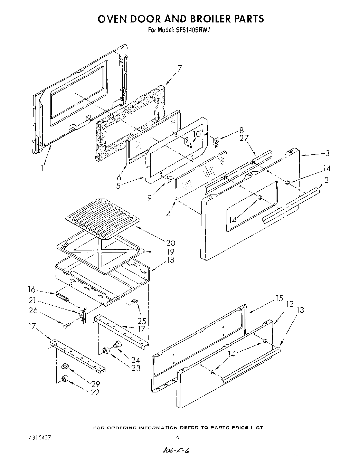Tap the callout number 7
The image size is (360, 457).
pyautogui.click(x=180, y=68)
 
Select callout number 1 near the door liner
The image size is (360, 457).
pyautogui.click(x=42, y=169)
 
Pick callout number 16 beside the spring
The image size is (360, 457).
pyautogui.click(x=32, y=289)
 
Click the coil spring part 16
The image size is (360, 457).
pyautogui.click(x=63, y=297)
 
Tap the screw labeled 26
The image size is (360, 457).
pyautogui.click(x=67, y=324)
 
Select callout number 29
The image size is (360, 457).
pyautogui.click(x=96, y=383)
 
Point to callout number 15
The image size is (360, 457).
pyautogui.click(x=279, y=298)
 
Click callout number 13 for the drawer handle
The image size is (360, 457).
pyautogui.click(x=300, y=310)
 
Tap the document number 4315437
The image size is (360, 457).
pyautogui.click(x=38, y=437)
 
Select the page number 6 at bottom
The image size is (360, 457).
pyautogui.click(x=178, y=437)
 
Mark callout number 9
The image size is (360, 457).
pyautogui.click(x=150, y=198)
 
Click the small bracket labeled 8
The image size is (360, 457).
pyautogui.click(x=216, y=142)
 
